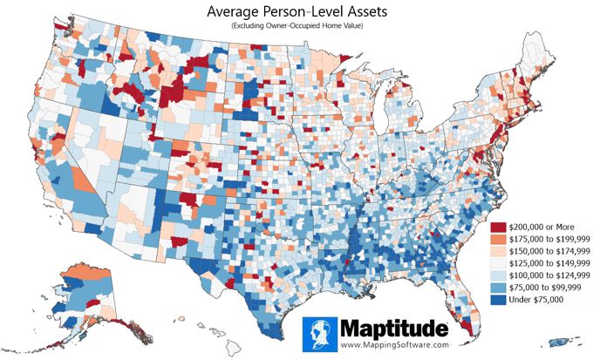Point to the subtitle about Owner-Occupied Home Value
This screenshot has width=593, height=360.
(296, 28)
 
